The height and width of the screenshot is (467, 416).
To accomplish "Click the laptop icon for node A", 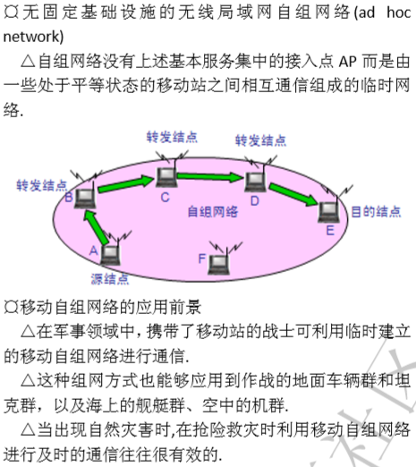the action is pyautogui.click(x=110, y=255).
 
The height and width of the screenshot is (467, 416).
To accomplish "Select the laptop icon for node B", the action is pyautogui.click(x=85, y=199).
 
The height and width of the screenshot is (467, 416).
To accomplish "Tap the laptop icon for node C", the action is pyautogui.click(x=166, y=177).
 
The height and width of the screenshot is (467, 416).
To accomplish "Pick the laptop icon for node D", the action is pyautogui.click(x=255, y=182).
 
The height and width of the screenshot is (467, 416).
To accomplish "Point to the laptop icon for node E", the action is pyautogui.click(x=329, y=212).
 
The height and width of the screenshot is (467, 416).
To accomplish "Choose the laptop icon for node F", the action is pyautogui.click(x=219, y=265).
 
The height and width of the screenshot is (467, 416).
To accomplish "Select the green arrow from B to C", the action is pyautogui.click(x=126, y=184).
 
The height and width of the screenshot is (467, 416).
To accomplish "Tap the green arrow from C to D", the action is pyautogui.click(x=210, y=176).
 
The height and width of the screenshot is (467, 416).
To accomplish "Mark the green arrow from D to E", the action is pyautogui.click(x=293, y=194).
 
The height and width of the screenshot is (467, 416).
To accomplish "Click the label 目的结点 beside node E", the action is pyautogui.click(x=376, y=212).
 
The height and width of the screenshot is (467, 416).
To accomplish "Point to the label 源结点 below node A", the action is pyautogui.click(x=110, y=279).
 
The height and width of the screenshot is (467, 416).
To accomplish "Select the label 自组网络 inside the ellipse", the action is pyautogui.click(x=213, y=212).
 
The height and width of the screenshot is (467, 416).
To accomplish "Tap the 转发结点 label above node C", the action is pyautogui.click(x=172, y=137).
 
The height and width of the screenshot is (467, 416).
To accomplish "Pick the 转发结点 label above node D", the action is pyautogui.click(x=260, y=140).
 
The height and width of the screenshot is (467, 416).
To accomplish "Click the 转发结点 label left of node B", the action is pyautogui.click(x=42, y=185).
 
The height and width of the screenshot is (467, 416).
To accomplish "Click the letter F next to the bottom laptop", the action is pyautogui.click(x=202, y=259).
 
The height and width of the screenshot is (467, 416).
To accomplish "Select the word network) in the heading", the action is pyautogui.click(x=33, y=37).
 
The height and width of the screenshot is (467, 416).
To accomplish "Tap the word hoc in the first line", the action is pyautogui.click(x=399, y=13).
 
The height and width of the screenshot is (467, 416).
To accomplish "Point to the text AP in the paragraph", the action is pyautogui.click(x=348, y=62).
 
